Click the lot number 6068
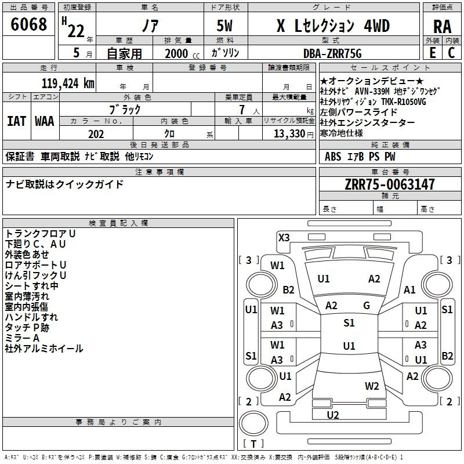click(x=30, y=25)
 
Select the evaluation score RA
click(x=441, y=27)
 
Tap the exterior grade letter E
click(x=432, y=52)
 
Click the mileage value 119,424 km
click(x=68, y=82)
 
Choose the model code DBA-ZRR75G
click(x=332, y=53)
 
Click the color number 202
click(x=96, y=134)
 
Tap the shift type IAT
click(x=16, y=121)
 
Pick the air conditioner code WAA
click(x=45, y=121)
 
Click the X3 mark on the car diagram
click(x=284, y=237)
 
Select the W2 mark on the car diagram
click(x=372, y=386)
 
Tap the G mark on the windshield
click(x=367, y=306)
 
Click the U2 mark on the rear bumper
click(x=333, y=415)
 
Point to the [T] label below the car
click(x=253, y=444)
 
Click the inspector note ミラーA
click(x=22, y=338)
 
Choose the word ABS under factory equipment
click(x=333, y=156)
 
